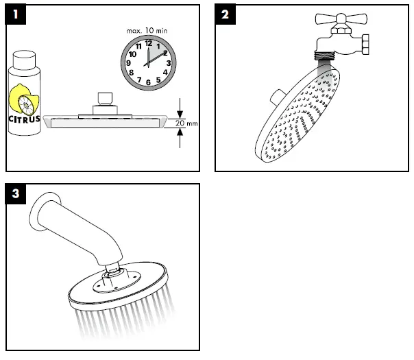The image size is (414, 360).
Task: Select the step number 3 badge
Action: [14, 194]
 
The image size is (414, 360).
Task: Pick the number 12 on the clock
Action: [147, 43]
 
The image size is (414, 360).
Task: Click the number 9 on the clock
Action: [128, 63]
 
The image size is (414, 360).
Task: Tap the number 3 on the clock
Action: [168, 63]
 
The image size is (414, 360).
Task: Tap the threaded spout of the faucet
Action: [326, 52]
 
